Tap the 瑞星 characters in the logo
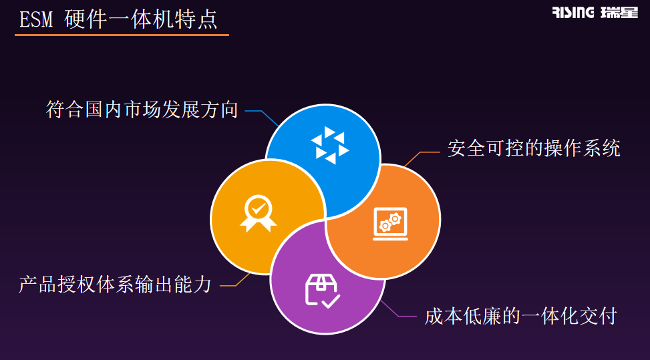pos(619,13)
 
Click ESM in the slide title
pos(36,19)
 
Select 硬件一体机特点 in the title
pos(141,19)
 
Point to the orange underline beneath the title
pos(122,35)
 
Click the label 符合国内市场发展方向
pos(142,110)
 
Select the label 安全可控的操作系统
pos(534,148)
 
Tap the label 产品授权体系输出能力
pos(116,285)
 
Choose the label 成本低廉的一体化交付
pos(521,317)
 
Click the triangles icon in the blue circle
pos(330,145)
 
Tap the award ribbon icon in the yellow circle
pos(259,213)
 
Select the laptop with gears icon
pos(391,224)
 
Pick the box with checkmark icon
pos(323,291)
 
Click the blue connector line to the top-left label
pos(262,116)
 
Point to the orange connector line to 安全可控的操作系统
pos(421,158)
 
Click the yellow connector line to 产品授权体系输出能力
pos(234,280)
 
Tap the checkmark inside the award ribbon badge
pos(259,207)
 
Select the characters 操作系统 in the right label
pos(582,148)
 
